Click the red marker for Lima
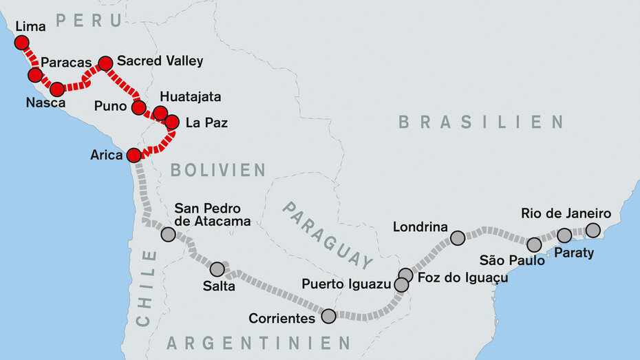click(x=21, y=43)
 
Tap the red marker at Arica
click(x=134, y=155)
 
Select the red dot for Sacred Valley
click(x=105, y=63)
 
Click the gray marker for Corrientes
click(x=328, y=316)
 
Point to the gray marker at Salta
click(x=217, y=269)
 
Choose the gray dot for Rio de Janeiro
click(x=593, y=230)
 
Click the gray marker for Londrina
click(x=458, y=238)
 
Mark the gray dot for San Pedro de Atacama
click(x=168, y=234)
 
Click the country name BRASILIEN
click(x=480, y=123)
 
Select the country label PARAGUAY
click(x=328, y=235)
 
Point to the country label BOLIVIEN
click(x=217, y=170)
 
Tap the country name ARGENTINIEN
click(x=258, y=342)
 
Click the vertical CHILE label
click(x=147, y=288)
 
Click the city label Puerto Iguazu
click(x=346, y=284)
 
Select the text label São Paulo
click(x=512, y=260)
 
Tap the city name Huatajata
click(x=190, y=96)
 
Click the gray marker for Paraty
click(x=564, y=235)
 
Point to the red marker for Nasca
click(x=57, y=89)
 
